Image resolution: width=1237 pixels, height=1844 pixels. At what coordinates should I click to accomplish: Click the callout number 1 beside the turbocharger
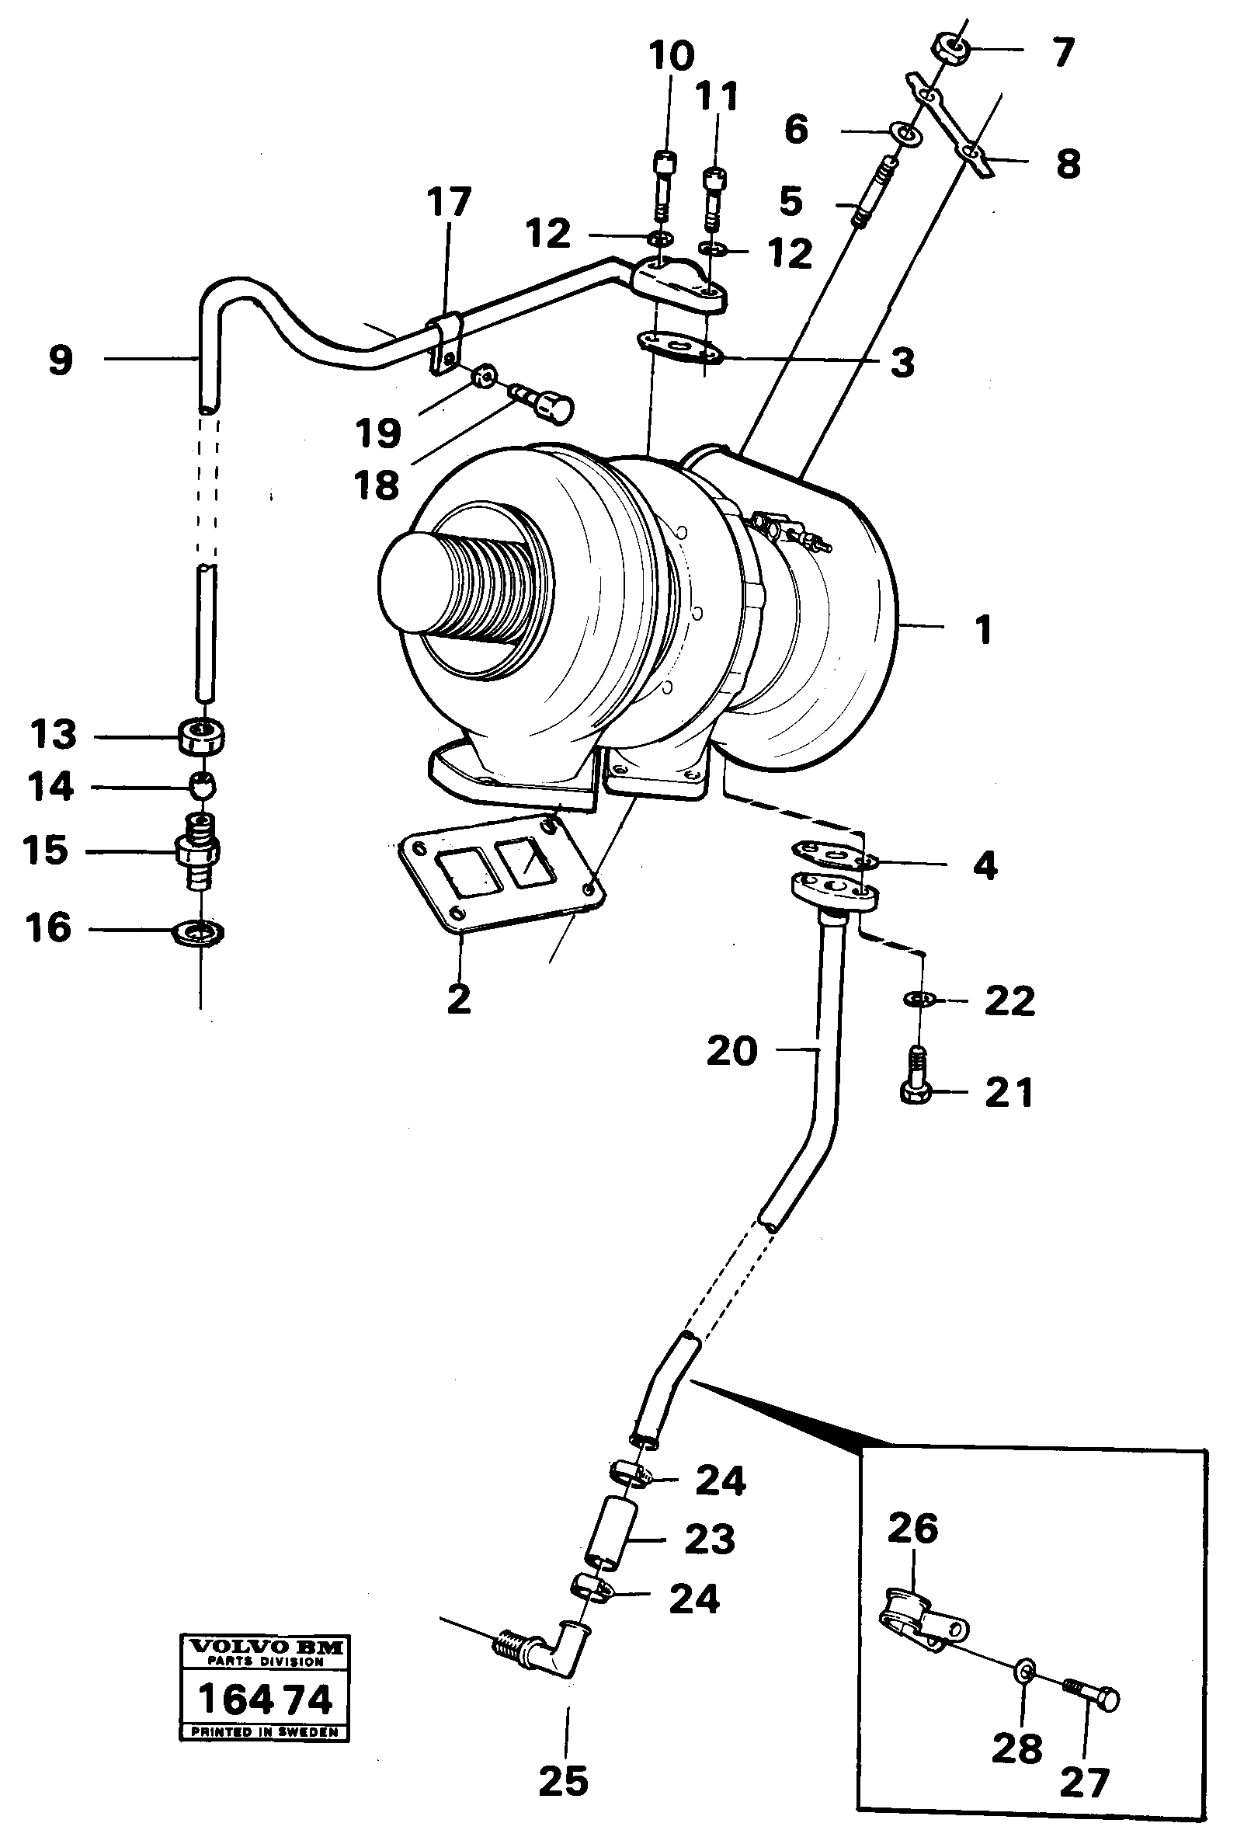(982, 631)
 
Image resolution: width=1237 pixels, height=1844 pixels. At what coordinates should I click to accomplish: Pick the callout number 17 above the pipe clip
(448, 202)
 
